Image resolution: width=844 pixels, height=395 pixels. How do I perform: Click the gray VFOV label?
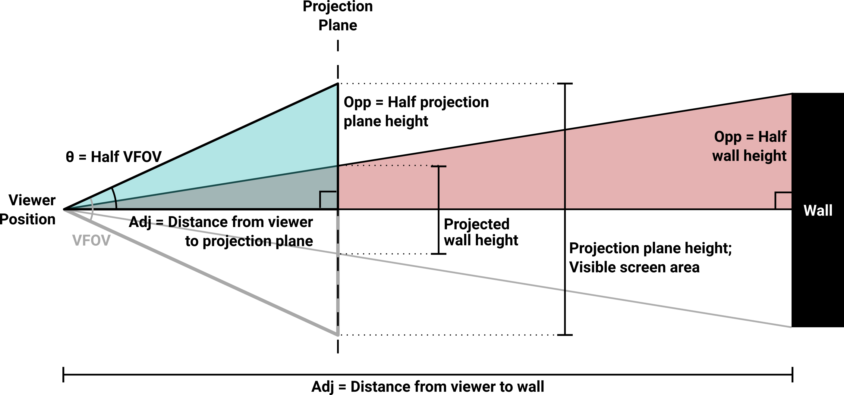[x=91, y=241]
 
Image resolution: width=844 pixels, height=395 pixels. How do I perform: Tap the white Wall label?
[x=818, y=210]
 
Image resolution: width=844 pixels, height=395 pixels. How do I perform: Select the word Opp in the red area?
[x=727, y=137]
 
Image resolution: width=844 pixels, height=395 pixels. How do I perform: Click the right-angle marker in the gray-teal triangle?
[x=327, y=199]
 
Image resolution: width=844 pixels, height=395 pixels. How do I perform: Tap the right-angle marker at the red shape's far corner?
[x=783, y=200]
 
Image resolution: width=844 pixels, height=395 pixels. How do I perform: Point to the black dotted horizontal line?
[x=387, y=166]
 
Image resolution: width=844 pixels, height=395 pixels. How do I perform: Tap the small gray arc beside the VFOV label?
[x=92, y=210]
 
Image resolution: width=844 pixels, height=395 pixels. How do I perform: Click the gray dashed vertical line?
[x=338, y=278]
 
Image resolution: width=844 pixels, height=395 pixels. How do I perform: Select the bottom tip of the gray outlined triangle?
[x=338, y=335]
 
